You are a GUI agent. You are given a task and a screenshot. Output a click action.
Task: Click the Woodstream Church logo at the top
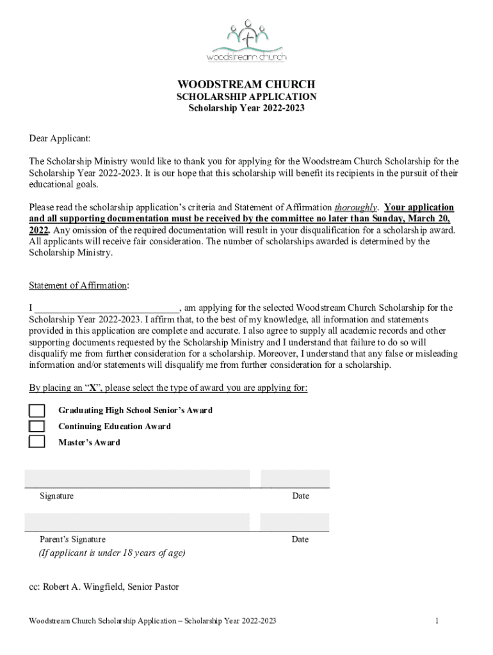tap(247, 41)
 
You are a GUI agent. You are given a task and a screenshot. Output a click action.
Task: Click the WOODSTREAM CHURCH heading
tap(247, 84)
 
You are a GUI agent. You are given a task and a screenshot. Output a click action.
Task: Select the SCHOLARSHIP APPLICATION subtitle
tap(247, 97)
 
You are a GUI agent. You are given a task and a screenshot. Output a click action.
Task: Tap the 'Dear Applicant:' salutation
tap(60, 138)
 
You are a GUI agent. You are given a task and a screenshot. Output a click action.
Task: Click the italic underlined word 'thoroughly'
tap(356, 207)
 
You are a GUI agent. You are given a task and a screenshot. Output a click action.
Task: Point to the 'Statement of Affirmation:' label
tap(79, 285)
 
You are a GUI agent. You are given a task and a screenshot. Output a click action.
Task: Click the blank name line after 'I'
tap(106, 308)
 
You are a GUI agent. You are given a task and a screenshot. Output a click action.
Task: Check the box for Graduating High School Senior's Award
tap(37, 410)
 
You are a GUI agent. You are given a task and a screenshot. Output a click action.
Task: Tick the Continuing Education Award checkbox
tap(37, 426)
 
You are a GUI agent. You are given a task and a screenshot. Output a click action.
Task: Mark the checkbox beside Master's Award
tap(37, 441)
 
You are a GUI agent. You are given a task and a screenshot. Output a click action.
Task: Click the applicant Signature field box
tap(137, 478)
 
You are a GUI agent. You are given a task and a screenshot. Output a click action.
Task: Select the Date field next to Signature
tap(295, 478)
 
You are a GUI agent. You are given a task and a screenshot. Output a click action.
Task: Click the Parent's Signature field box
tap(137, 522)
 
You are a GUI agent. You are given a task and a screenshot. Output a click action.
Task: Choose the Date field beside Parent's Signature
tap(295, 522)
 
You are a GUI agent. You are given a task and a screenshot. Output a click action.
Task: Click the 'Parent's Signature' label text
tap(72, 539)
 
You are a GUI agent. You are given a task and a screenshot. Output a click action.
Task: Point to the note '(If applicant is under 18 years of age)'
tap(112, 553)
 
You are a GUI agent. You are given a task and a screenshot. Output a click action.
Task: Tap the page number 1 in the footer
tap(436, 621)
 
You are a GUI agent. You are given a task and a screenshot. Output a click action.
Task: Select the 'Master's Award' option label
tap(89, 442)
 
